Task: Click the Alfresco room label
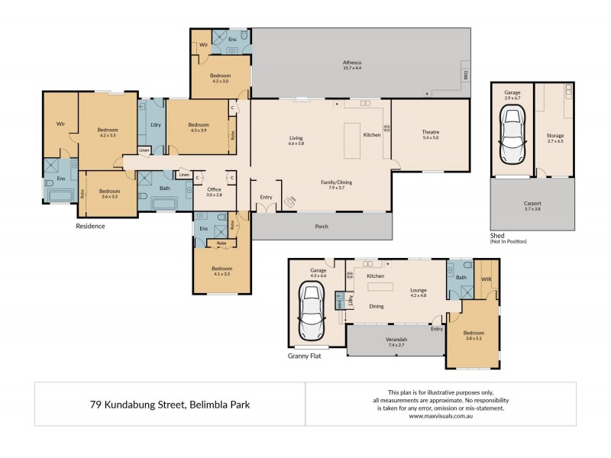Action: click(x=351, y=62)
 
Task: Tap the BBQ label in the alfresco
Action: click(x=464, y=75)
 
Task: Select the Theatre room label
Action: click(x=430, y=132)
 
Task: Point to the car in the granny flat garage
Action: click(x=312, y=310)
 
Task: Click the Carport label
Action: click(x=532, y=204)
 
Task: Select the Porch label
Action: click(x=322, y=226)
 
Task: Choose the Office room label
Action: click(x=213, y=189)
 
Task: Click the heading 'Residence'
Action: click(x=90, y=227)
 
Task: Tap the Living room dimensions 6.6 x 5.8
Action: click(x=296, y=144)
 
